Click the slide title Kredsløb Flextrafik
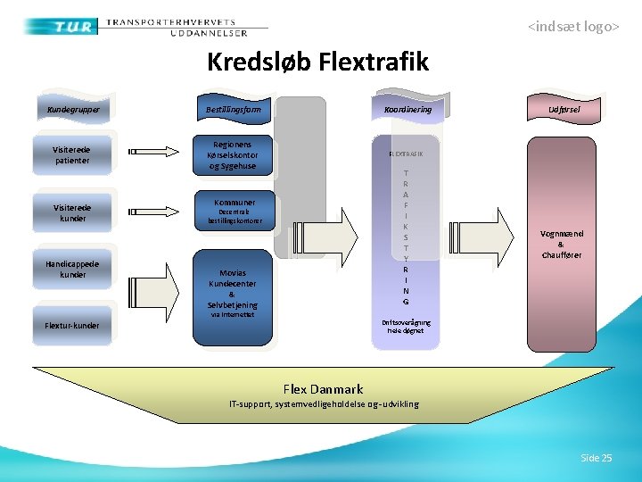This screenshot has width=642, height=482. click(317, 62)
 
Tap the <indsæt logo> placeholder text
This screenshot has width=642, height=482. click(572, 27)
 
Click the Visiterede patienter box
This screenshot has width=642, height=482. click(72, 154)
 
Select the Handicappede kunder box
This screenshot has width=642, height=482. click(72, 270)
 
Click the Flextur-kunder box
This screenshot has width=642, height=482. click(72, 325)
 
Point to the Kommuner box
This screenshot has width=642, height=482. click(234, 211)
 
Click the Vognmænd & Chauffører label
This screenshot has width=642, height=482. click(561, 244)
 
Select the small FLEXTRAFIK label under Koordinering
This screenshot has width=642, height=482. click(406, 154)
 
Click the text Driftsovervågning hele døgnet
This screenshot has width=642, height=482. click(406, 326)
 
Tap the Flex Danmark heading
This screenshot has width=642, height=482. click(323, 389)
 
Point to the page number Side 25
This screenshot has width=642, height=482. click(596, 458)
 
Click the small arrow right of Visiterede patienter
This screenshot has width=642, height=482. click(147, 152)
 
